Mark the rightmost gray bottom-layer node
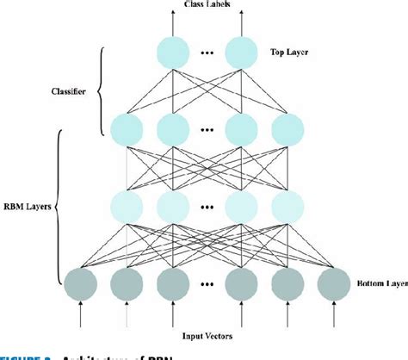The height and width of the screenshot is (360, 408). coord(331,283)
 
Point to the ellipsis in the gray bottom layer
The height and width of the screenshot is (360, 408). coord(205,284)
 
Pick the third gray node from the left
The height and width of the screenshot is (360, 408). coord(165,283)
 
